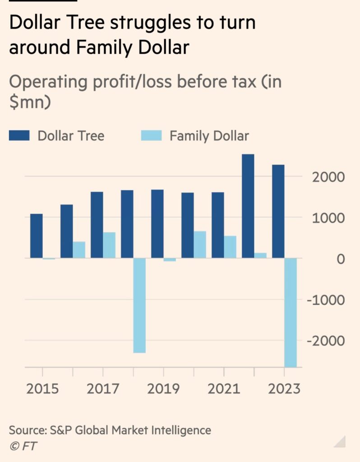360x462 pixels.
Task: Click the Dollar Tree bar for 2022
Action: point(248,206)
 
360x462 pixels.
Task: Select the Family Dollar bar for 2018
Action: point(139,305)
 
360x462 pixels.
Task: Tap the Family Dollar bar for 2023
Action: point(291,312)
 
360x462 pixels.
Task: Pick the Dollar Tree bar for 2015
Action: point(37,236)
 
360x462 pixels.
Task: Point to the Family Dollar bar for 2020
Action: point(200,245)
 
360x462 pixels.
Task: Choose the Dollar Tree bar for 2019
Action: point(157,224)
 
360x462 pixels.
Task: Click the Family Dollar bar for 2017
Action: point(109,245)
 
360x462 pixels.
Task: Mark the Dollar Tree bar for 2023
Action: point(278,211)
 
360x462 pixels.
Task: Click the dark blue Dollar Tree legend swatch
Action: point(19,135)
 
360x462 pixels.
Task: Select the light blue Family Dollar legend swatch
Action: point(151,135)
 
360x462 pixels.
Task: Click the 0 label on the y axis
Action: point(340,259)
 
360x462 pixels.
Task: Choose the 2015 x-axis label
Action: point(42,388)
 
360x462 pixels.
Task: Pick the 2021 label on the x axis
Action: point(224,388)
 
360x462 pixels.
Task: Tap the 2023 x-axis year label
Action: point(284,388)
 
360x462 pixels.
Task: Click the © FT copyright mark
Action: point(23,446)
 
